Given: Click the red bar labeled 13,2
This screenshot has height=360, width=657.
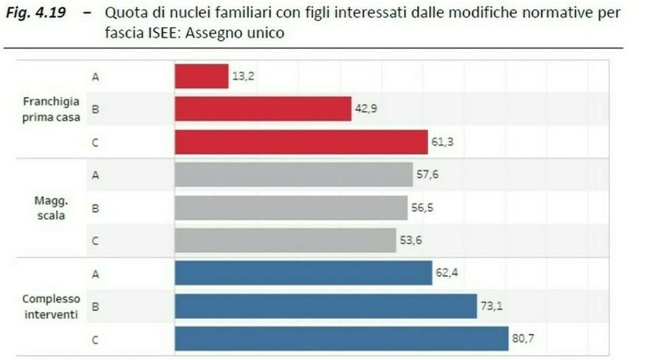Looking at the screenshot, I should [201, 76].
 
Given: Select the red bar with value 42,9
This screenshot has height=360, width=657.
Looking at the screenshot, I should [263, 109].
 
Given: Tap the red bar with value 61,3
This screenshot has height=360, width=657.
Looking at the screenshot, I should [301, 142].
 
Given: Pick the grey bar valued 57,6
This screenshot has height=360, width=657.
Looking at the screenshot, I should [294, 175].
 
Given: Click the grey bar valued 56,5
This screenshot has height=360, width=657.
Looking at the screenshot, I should [291, 207].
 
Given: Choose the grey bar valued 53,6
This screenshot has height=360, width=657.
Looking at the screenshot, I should [286, 240].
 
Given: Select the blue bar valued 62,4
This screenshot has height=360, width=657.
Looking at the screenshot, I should [303, 273].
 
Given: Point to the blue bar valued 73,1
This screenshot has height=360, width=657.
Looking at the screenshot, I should [326, 306].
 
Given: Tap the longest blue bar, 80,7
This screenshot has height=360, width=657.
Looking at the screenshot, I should [341, 339].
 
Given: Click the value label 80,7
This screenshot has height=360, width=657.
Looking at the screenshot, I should [522, 339].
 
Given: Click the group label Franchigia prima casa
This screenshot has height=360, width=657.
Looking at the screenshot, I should [51, 109].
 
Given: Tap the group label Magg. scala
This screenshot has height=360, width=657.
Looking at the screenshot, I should [51, 207].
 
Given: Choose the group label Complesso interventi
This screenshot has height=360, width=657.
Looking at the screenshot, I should [51, 306].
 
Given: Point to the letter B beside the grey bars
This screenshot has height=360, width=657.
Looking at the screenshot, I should [95, 207].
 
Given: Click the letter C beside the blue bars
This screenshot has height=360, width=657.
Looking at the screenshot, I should [95, 339].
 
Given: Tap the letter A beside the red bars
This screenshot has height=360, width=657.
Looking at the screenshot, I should [95, 77].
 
